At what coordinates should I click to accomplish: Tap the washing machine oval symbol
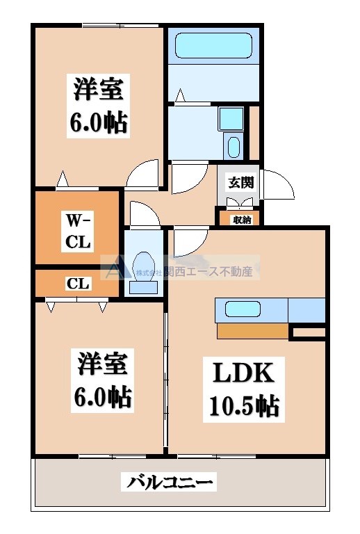(x=234, y=147)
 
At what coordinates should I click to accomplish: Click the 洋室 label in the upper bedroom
(x=98, y=90)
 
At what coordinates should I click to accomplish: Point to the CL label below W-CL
(x=76, y=283)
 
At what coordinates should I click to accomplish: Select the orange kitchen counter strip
(x=252, y=332)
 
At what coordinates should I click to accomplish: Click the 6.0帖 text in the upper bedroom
(x=98, y=123)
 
